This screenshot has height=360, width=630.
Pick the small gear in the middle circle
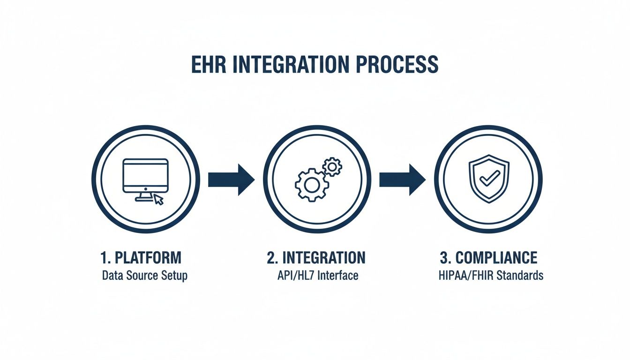click(x=332, y=166)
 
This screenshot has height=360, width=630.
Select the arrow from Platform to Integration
click(x=231, y=180)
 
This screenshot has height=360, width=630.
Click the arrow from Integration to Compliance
click(x=402, y=180)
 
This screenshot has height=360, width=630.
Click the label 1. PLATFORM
click(x=141, y=258)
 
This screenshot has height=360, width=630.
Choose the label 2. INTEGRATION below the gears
click(x=316, y=258)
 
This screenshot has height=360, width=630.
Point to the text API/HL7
click(x=296, y=275)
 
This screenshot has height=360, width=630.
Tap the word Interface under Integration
click(x=338, y=275)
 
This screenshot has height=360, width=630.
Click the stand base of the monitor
click(x=144, y=199)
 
